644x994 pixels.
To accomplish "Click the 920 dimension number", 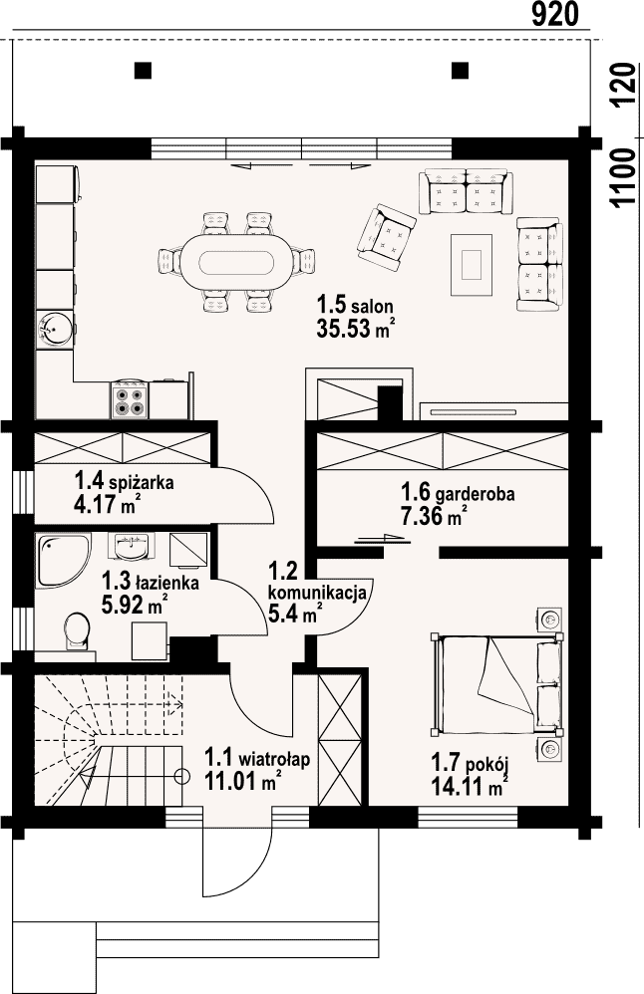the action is (x=555, y=14).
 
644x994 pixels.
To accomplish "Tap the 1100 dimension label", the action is (x=624, y=177).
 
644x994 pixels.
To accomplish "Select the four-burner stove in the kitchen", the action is (x=131, y=400).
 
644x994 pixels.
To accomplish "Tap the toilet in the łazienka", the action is (x=78, y=631).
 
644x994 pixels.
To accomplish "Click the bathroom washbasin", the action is (x=135, y=547).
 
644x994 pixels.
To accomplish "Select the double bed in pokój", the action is (x=496, y=683).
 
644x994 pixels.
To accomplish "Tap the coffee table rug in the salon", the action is (x=472, y=264).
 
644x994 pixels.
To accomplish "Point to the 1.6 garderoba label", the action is (x=458, y=493).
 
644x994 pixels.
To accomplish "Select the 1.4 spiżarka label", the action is (x=125, y=481).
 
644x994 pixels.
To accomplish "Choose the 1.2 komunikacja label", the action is (x=317, y=582).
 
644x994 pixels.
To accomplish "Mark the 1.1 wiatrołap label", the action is (x=257, y=758).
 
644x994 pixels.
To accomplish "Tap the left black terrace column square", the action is (x=144, y=70).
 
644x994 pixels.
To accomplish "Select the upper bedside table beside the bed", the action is (x=549, y=619).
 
